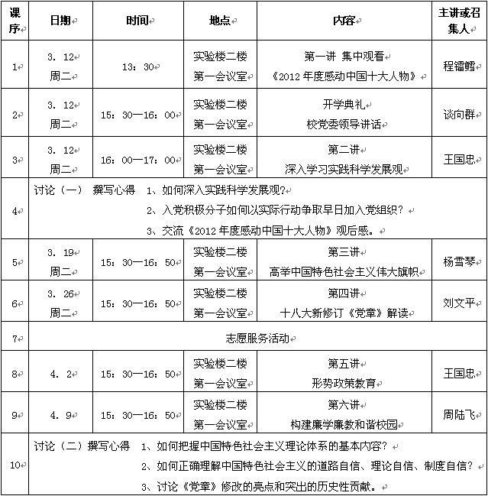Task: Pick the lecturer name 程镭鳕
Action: pos(458,66)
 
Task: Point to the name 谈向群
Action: pos(458,114)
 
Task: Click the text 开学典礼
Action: pos(346,104)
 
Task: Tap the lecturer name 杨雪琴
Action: pos(458,261)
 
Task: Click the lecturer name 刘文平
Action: pos(458,302)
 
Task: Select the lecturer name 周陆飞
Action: pos(458,415)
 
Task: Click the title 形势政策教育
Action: pos(346,383)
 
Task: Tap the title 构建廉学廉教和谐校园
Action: pos(346,424)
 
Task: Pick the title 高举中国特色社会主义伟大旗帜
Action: pos(346,271)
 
